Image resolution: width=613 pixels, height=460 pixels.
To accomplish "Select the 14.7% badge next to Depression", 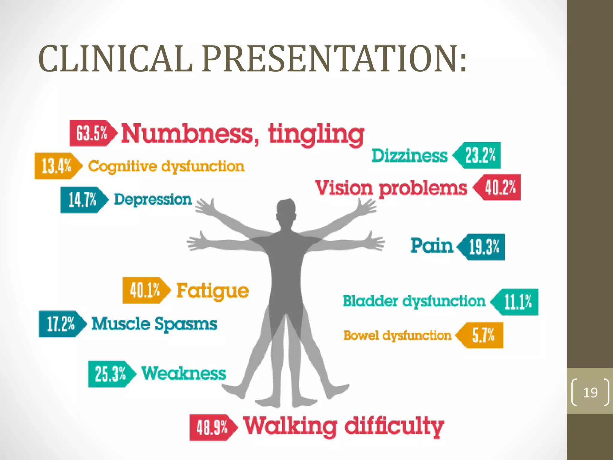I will [x=83, y=200].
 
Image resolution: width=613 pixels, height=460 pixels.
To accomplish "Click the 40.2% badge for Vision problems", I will [x=499, y=187].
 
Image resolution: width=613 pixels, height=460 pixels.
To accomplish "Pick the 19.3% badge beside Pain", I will [x=483, y=247].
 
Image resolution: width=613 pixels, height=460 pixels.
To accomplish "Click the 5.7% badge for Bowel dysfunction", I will [x=482, y=335].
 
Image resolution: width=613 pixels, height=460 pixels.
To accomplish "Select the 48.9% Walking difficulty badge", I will [x=212, y=427].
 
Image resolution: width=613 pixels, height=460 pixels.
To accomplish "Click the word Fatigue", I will [x=213, y=291].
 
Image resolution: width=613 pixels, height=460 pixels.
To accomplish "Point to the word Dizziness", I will [x=409, y=156].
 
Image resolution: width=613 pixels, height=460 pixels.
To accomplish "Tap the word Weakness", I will [x=184, y=373].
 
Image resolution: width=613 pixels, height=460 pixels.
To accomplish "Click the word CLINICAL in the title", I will [x=116, y=59].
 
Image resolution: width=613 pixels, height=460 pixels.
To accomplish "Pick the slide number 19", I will [x=590, y=392].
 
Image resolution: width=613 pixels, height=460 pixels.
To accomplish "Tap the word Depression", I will [x=153, y=199].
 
